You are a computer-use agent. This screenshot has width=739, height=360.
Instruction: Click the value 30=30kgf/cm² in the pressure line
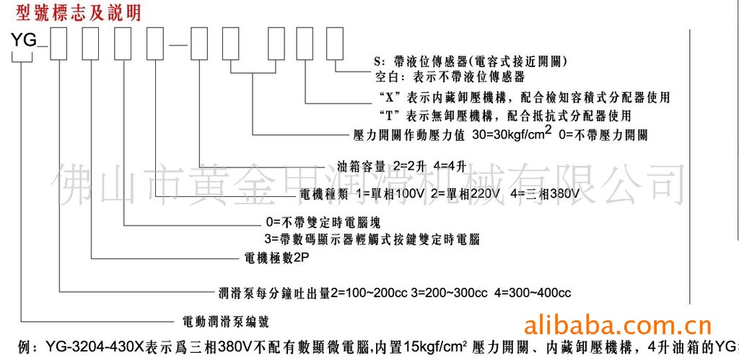pos(510,134)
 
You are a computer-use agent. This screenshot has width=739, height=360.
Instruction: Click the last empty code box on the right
pos(334,45)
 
